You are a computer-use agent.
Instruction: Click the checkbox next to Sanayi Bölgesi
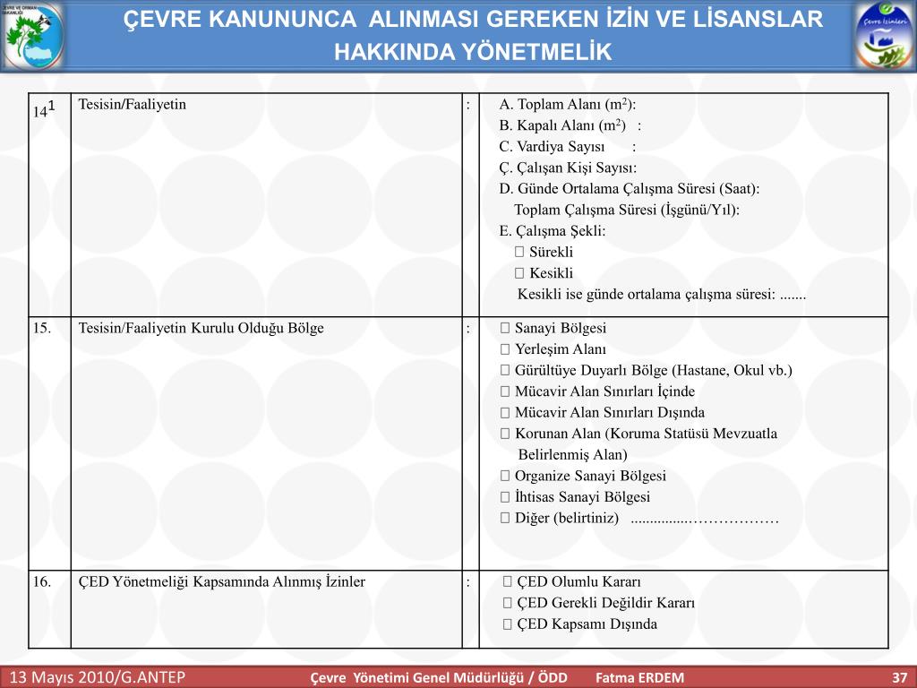point(505,329)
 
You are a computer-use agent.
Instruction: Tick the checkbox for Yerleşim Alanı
point(505,349)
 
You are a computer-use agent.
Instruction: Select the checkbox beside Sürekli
point(519,253)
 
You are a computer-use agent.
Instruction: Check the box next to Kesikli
point(519,273)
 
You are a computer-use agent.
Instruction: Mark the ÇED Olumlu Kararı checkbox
point(508,582)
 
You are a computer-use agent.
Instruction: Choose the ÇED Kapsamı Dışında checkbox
point(508,624)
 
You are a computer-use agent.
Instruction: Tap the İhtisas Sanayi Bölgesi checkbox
point(505,497)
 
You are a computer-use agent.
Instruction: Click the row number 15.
point(42,329)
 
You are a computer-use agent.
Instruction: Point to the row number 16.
point(42,582)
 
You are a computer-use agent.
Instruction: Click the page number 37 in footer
point(899,677)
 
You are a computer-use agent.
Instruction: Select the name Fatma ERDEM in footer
point(639,677)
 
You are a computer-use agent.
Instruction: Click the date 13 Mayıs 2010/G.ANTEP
point(98,676)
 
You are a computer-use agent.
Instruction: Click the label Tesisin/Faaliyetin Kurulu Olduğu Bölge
point(201,329)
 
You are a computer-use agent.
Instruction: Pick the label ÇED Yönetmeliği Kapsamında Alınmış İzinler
point(222,582)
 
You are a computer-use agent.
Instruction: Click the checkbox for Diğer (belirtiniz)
point(505,519)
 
